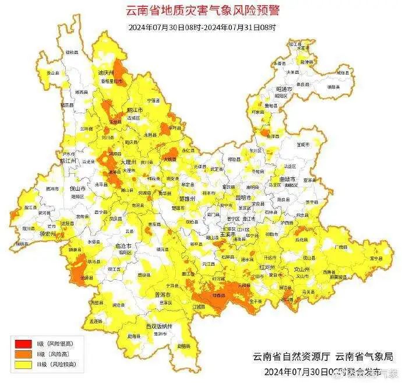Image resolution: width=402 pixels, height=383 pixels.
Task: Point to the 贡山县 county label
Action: coord(53,73)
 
